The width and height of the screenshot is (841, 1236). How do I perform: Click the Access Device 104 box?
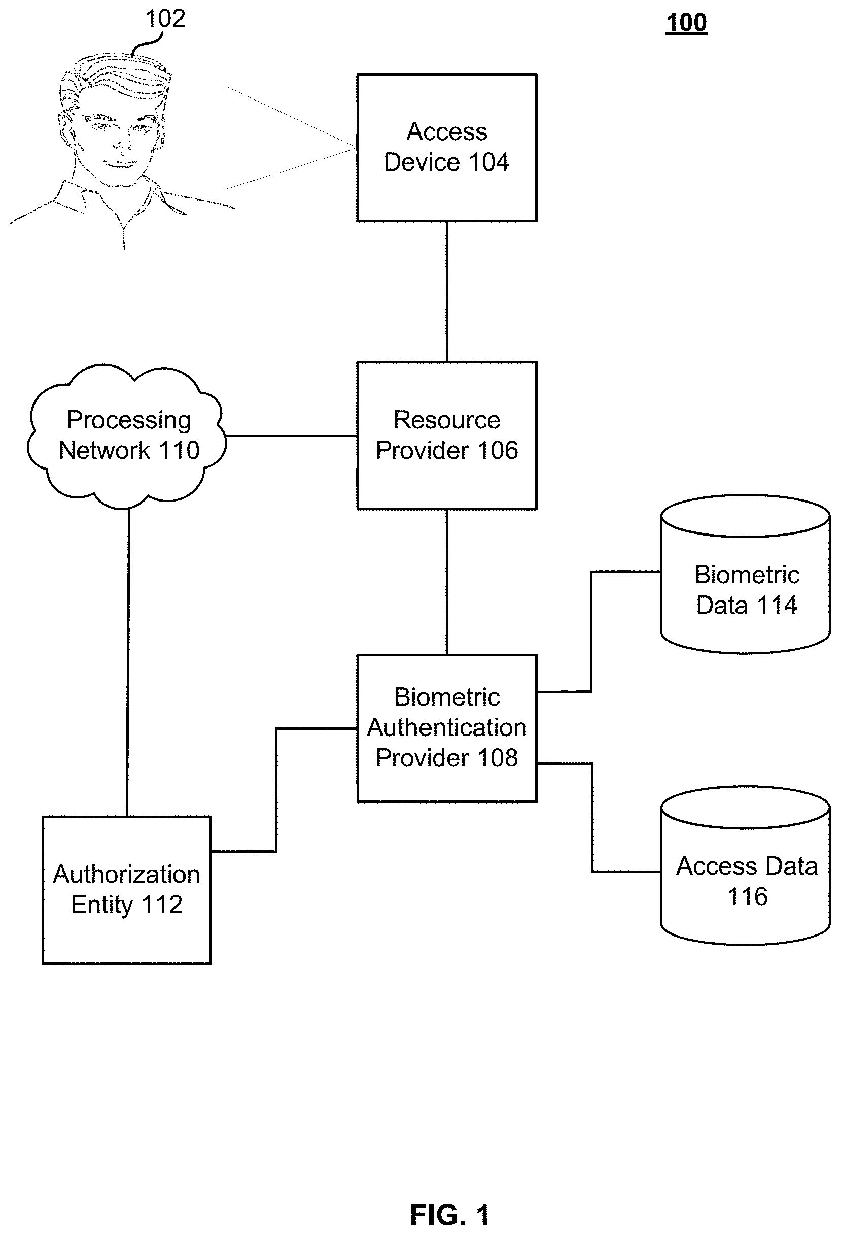[446, 147]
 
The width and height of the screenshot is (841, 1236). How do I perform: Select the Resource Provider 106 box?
[446, 436]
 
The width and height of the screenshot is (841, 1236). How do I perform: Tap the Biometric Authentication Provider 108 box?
[446, 728]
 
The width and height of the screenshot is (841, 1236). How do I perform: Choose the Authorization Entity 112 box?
[126, 890]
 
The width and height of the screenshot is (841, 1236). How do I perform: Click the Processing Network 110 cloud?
[126, 436]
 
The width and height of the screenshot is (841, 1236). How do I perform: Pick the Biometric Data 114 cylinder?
[745, 575]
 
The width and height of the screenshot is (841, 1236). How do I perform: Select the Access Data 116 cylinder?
[745, 865]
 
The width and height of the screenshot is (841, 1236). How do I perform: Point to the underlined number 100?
[686, 23]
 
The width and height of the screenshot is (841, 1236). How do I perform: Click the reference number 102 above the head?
[165, 19]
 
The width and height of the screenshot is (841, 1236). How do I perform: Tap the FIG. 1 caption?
[450, 1214]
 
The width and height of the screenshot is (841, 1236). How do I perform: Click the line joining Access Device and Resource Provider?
[446, 291]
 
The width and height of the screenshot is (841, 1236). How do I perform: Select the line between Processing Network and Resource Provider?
[291, 436]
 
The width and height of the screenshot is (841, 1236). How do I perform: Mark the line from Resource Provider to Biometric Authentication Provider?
[446, 582]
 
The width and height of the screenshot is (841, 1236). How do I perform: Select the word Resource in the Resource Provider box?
[446, 420]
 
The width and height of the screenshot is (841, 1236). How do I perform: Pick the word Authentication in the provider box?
[446, 727]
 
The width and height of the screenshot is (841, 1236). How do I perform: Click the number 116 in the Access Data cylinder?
[748, 897]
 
